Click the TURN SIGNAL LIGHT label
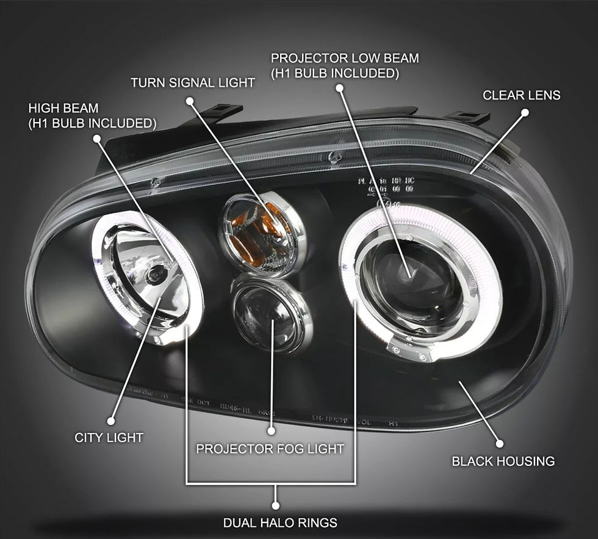pos(192,82)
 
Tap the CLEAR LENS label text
pos(521,95)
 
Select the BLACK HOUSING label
pos(503,461)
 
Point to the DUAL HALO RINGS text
pos(280,523)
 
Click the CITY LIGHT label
pos(109,438)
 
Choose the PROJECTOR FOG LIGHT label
pos(270,449)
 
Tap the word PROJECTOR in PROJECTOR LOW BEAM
pos(310,59)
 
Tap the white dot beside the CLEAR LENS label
pos(524,112)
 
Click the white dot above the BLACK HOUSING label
pos(499,444)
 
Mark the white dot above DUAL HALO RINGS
pos(275,505)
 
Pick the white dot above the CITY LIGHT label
pos(110,421)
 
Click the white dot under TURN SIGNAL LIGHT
pos(189,99)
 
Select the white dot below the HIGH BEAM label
pos(96,139)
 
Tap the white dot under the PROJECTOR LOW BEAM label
pos(340,88)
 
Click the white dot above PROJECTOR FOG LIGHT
pos(272,432)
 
